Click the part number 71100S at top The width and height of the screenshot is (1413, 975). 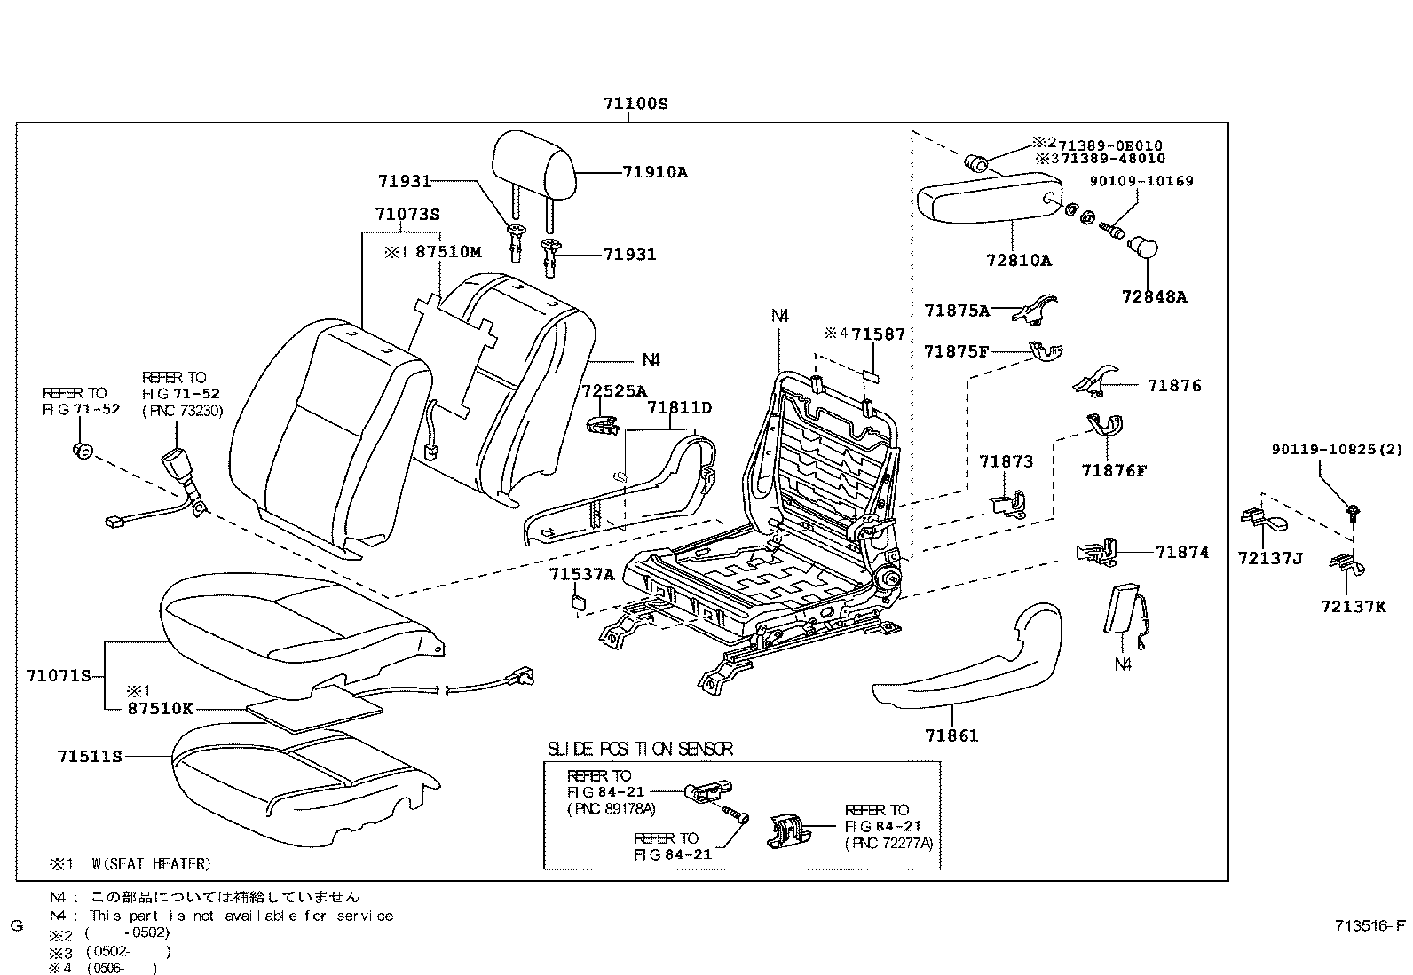pyautogui.click(x=635, y=104)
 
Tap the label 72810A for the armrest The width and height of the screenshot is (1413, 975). pyautogui.click(x=1018, y=261)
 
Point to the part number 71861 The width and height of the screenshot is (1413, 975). pyautogui.click(x=951, y=735)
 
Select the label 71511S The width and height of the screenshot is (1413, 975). pyautogui.click(x=89, y=756)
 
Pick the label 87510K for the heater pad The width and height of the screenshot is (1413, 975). pyautogui.click(x=160, y=709)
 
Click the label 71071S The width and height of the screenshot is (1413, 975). pyautogui.click(x=59, y=676)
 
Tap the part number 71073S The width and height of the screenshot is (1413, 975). pyautogui.click(x=407, y=214)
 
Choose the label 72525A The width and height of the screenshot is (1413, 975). pyautogui.click(x=614, y=390)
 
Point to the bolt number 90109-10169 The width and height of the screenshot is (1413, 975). pyautogui.click(x=1142, y=181)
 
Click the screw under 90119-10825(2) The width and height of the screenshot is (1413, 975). pyautogui.click(x=1354, y=511)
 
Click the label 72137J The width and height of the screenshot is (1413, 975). pyautogui.click(x=1270, y=558)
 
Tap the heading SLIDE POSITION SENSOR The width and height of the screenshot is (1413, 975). pyautogui.click(x=640, y=750)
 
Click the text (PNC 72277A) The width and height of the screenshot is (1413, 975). pyautogui.click(x=888, y=843)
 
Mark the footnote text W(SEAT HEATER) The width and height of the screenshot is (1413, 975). pyautogui.click(x=150, y=863)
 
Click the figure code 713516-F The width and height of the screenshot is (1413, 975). pyautogui.click(x=1370, y=927)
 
